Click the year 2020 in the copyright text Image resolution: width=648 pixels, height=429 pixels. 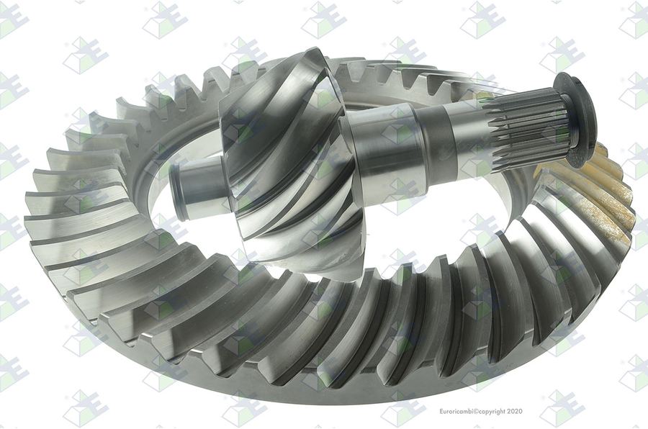[x=515, y=411]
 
